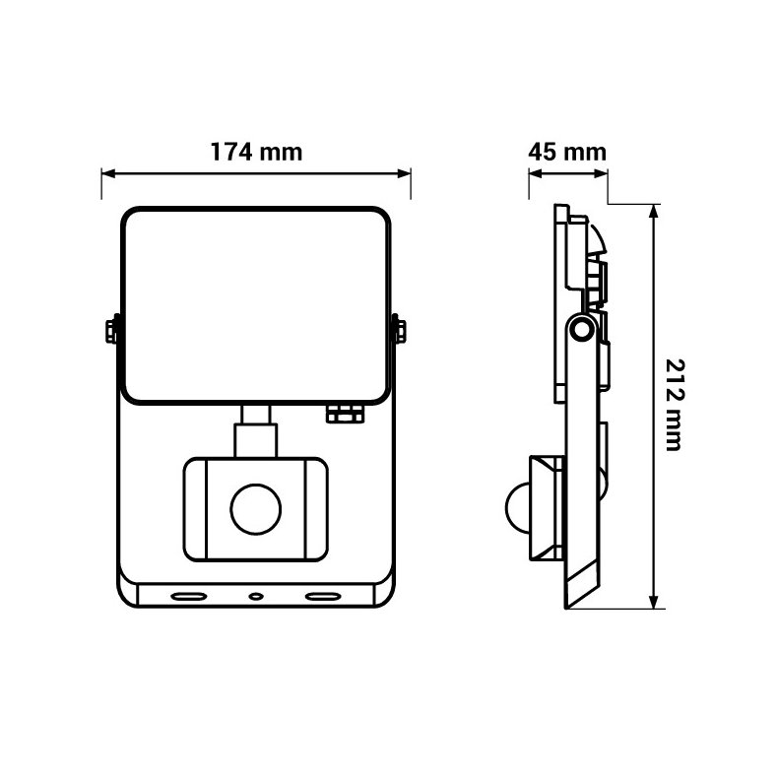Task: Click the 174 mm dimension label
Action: (x=256, y=152)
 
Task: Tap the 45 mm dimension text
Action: (x=567, y=152)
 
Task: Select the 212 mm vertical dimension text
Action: (x=675, y=405)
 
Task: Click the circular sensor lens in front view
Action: (x=256, y=509)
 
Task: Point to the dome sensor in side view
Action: (x=518, y=508)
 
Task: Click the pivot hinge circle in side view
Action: (x=582, y=328)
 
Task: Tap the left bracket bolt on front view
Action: (x=111, y=331)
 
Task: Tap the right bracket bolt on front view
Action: (x=400, y=331)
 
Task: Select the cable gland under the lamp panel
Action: (x=345, y=414)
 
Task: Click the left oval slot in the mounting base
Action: (x=189, y=596)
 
